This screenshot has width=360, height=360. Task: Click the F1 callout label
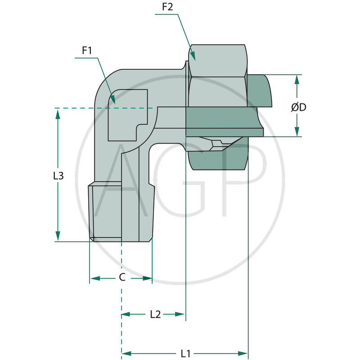click(x=87, y=50)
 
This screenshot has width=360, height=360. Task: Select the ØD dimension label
click(x=298, y=108)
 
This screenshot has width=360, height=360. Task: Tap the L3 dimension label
click(x=58, y=176)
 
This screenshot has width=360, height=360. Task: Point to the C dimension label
click(x=121, y=278)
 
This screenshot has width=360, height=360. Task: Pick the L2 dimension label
click(x=155, y=315)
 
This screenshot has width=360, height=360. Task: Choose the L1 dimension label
click(x=185, y=353)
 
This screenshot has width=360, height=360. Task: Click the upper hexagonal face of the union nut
click(x=217, y=60)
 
